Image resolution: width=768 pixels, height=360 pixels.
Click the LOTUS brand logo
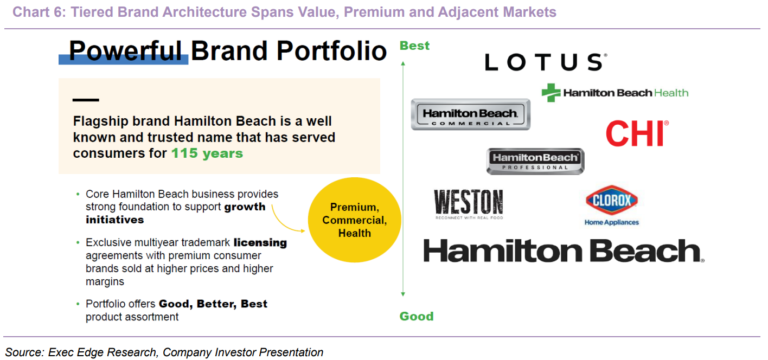546,62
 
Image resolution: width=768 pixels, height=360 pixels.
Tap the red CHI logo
637,133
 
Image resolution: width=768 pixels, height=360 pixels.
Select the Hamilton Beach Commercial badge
470,114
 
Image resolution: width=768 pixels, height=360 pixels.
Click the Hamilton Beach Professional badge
535,162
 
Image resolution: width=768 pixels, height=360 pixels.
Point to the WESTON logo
469,204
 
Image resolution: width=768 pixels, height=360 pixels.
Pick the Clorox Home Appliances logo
612,205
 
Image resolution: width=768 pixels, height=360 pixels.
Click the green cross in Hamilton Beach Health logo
551,93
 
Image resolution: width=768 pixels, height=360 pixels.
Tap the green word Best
414,46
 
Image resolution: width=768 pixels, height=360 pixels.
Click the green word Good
417,316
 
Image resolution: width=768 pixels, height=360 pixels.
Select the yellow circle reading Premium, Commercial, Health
355,220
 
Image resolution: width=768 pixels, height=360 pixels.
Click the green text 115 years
207,153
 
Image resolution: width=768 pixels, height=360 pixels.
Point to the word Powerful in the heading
125,51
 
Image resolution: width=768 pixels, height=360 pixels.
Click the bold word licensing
260,243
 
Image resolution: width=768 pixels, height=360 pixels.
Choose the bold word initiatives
115,220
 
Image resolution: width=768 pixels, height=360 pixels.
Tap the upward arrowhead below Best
403,63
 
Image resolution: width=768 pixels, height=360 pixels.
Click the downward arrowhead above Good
403,294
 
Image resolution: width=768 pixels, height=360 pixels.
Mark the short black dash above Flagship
86,100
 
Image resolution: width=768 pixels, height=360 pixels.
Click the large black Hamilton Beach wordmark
564,250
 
